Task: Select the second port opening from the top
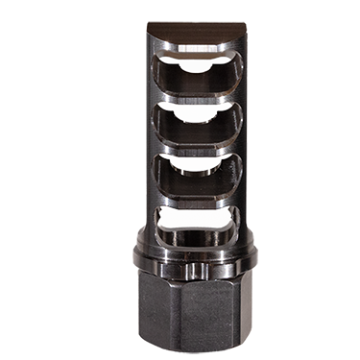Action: pyautogui.click(x=196, y=119)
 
